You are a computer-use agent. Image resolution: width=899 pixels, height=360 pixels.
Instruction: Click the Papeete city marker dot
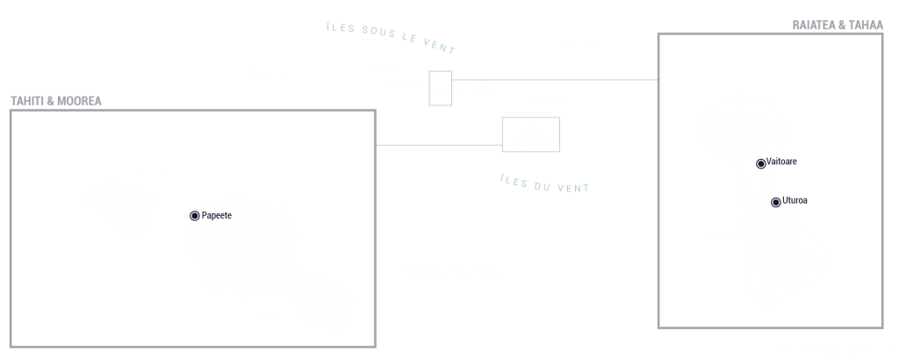(x=194, y=215)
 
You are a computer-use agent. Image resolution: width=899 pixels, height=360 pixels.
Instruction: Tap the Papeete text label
(x=217, y=215)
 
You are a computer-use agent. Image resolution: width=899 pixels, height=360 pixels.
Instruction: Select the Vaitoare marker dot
(x=761, y=164)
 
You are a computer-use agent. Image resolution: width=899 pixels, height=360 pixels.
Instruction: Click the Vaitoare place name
(x=781, y=162)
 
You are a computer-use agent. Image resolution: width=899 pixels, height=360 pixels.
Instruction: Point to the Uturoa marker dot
(x=776, y=202)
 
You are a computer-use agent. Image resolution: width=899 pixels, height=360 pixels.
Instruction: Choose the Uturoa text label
(x=795, y=201)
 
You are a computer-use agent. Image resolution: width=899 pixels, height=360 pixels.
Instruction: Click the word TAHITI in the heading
(x=27, y=101)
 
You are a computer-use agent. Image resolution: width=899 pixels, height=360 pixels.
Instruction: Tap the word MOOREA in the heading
(x=79, y=101)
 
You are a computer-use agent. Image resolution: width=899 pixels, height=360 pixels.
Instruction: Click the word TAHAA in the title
(x=867, y=25)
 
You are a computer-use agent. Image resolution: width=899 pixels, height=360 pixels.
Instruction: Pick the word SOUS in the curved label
(x=379, y=32)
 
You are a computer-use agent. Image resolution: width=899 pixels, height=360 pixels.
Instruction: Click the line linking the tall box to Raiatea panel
(x=555, y=80)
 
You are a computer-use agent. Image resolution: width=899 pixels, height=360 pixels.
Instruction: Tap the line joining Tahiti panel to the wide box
(x=439, y=145)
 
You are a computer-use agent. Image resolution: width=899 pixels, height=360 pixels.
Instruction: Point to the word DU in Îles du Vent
(x=542, y=186)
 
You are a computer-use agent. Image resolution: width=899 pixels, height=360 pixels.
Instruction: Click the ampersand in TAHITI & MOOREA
(x=50, y=101)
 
